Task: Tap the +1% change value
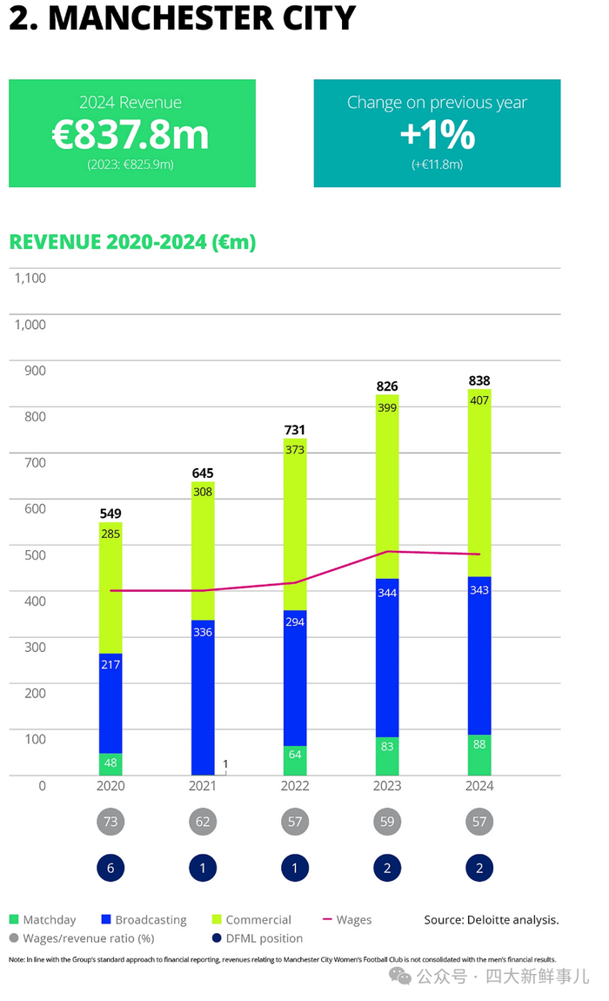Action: coord(437,135)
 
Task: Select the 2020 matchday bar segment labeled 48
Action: coord(110,763)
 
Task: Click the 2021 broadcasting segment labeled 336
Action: coord(203,696)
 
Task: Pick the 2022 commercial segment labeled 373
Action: coord(295,522)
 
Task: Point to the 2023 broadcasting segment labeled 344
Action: coord(387,657)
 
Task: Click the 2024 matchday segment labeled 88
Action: coord(479,755)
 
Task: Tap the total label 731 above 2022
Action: coord(295,430)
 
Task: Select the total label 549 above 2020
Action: coord(110,514)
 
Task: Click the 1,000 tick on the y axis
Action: coord(30,324)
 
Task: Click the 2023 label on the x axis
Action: coord(387,786)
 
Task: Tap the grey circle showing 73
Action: coord(110,822)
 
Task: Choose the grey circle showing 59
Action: coord(387,822)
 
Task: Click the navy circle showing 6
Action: coord(110,868)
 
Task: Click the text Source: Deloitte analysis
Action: coord(491,919)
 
